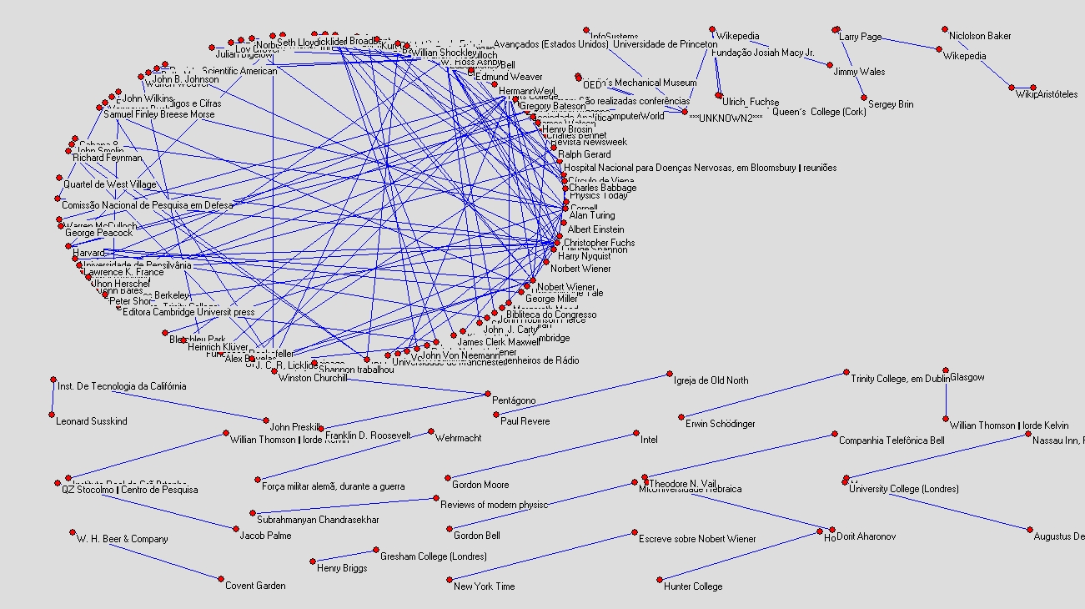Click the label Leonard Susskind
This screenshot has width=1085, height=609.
pyautogui.click(x=91, y=421)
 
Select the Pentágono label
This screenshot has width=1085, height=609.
pyautogui.click(x=514, y=400)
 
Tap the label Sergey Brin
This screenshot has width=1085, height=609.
pyautogui.click(x=890, y=104)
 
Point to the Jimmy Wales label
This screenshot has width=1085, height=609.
pyautogui.click(x=859, y=72)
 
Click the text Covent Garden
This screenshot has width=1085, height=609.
pyautogui.click(x=255, y=586)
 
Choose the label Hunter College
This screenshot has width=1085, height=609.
pyautogui.click(x=693, y=586)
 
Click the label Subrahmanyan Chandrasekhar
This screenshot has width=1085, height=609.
pyautogui.click(x=314, y=520)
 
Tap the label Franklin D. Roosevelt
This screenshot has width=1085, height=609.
pyautogui.click(x=367, y=435)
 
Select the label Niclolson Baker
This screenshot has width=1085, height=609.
pyautogui.click(x=980, y=36)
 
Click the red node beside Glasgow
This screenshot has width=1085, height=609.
pyautogui.click(x=946, y=370)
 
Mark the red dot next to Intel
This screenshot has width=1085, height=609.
pyautogui.click(x=636, y=434)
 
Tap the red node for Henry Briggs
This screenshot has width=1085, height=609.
pyautogui.click(x=314, y=561)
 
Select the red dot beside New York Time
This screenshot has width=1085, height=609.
pyautogui.click(x=450, y=580)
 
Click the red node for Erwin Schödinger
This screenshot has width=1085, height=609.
pyautogui.click(x=681, y=417)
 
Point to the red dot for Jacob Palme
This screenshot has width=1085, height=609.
pyautogui.click(x=235, y=528)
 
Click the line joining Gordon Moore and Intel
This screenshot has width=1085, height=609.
pyautogui.click(x=542, y=455)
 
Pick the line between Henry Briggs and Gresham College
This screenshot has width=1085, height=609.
pyautogui.click(x=344, y=556)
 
